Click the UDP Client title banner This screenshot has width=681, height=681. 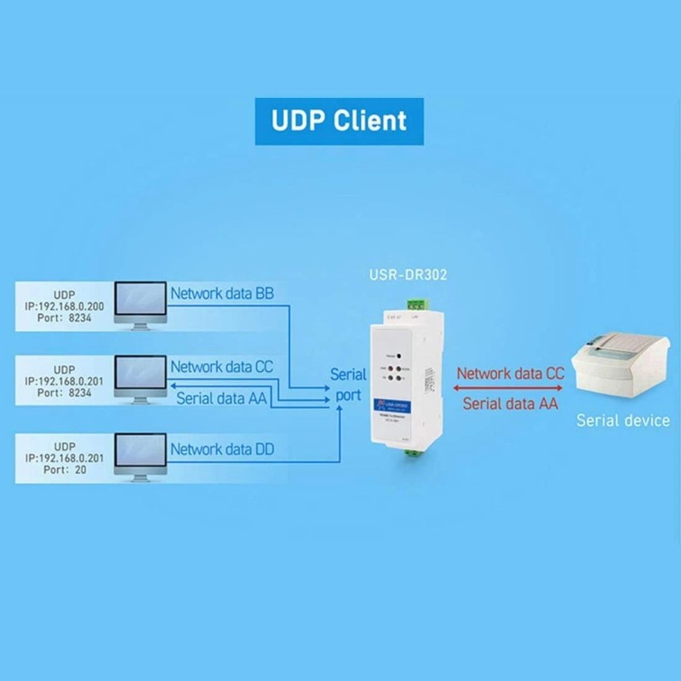pos(340,120)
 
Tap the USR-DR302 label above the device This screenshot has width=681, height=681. pos(406,275)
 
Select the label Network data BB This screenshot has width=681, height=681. pos(222,294)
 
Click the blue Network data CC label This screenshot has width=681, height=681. pos(222,367)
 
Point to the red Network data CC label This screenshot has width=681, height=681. pos(510,373)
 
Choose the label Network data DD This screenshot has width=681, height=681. pos(222,449)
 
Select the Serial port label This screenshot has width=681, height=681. pos(347,385)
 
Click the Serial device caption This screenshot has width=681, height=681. pos(623,420)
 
